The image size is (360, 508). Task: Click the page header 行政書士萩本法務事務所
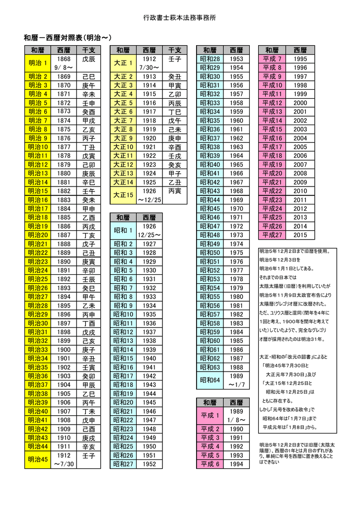[180, 18]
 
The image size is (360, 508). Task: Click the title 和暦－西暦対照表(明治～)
[68, 38]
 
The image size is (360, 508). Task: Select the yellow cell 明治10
[38, 147]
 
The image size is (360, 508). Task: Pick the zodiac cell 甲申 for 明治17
[88, 208]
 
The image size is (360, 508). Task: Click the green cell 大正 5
[123, 103]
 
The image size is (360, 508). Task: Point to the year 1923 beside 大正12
[149, 165]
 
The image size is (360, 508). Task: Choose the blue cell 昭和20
[123, 402]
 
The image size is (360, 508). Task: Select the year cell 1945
[149, 402]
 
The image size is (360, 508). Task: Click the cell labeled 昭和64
[210, 381]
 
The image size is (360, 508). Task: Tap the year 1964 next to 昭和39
[236, 156]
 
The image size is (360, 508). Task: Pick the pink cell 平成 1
[210, 415]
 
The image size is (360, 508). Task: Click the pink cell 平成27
[272, 235]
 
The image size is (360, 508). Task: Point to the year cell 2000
[300, 103]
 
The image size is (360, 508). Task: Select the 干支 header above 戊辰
[88, 50]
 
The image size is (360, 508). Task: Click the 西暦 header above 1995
[300, 50]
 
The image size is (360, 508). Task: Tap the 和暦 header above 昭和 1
[123, 217]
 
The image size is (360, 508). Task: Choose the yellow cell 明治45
[38, 459]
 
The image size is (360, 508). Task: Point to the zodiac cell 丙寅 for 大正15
[175, 190]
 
